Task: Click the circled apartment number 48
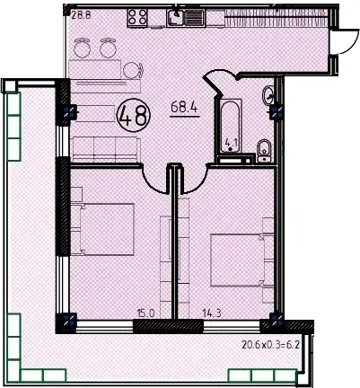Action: click(x=134, y=116)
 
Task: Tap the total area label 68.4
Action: click(x=184, y=108)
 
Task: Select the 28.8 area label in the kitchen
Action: click(x=81, y=15)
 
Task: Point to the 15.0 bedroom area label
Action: click(x=145, y=313)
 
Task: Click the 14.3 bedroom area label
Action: click(x=212, y=313)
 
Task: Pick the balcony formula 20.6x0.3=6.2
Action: click(x=271, y=345)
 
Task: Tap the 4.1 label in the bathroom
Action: click(x=231, y=142)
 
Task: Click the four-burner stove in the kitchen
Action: click(x=137, y=18)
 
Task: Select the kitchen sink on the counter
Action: click(x=186, y=18)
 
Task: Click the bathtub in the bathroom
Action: click(x=230, y=126)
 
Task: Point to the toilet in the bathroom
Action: click(x=264, y=151)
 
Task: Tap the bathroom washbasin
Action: click(x=268, y=94)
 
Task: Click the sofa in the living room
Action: click(x=105, y=149)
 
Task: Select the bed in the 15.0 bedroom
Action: click(x=102, y=229)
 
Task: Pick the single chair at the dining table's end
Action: click(x=133, y=70)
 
